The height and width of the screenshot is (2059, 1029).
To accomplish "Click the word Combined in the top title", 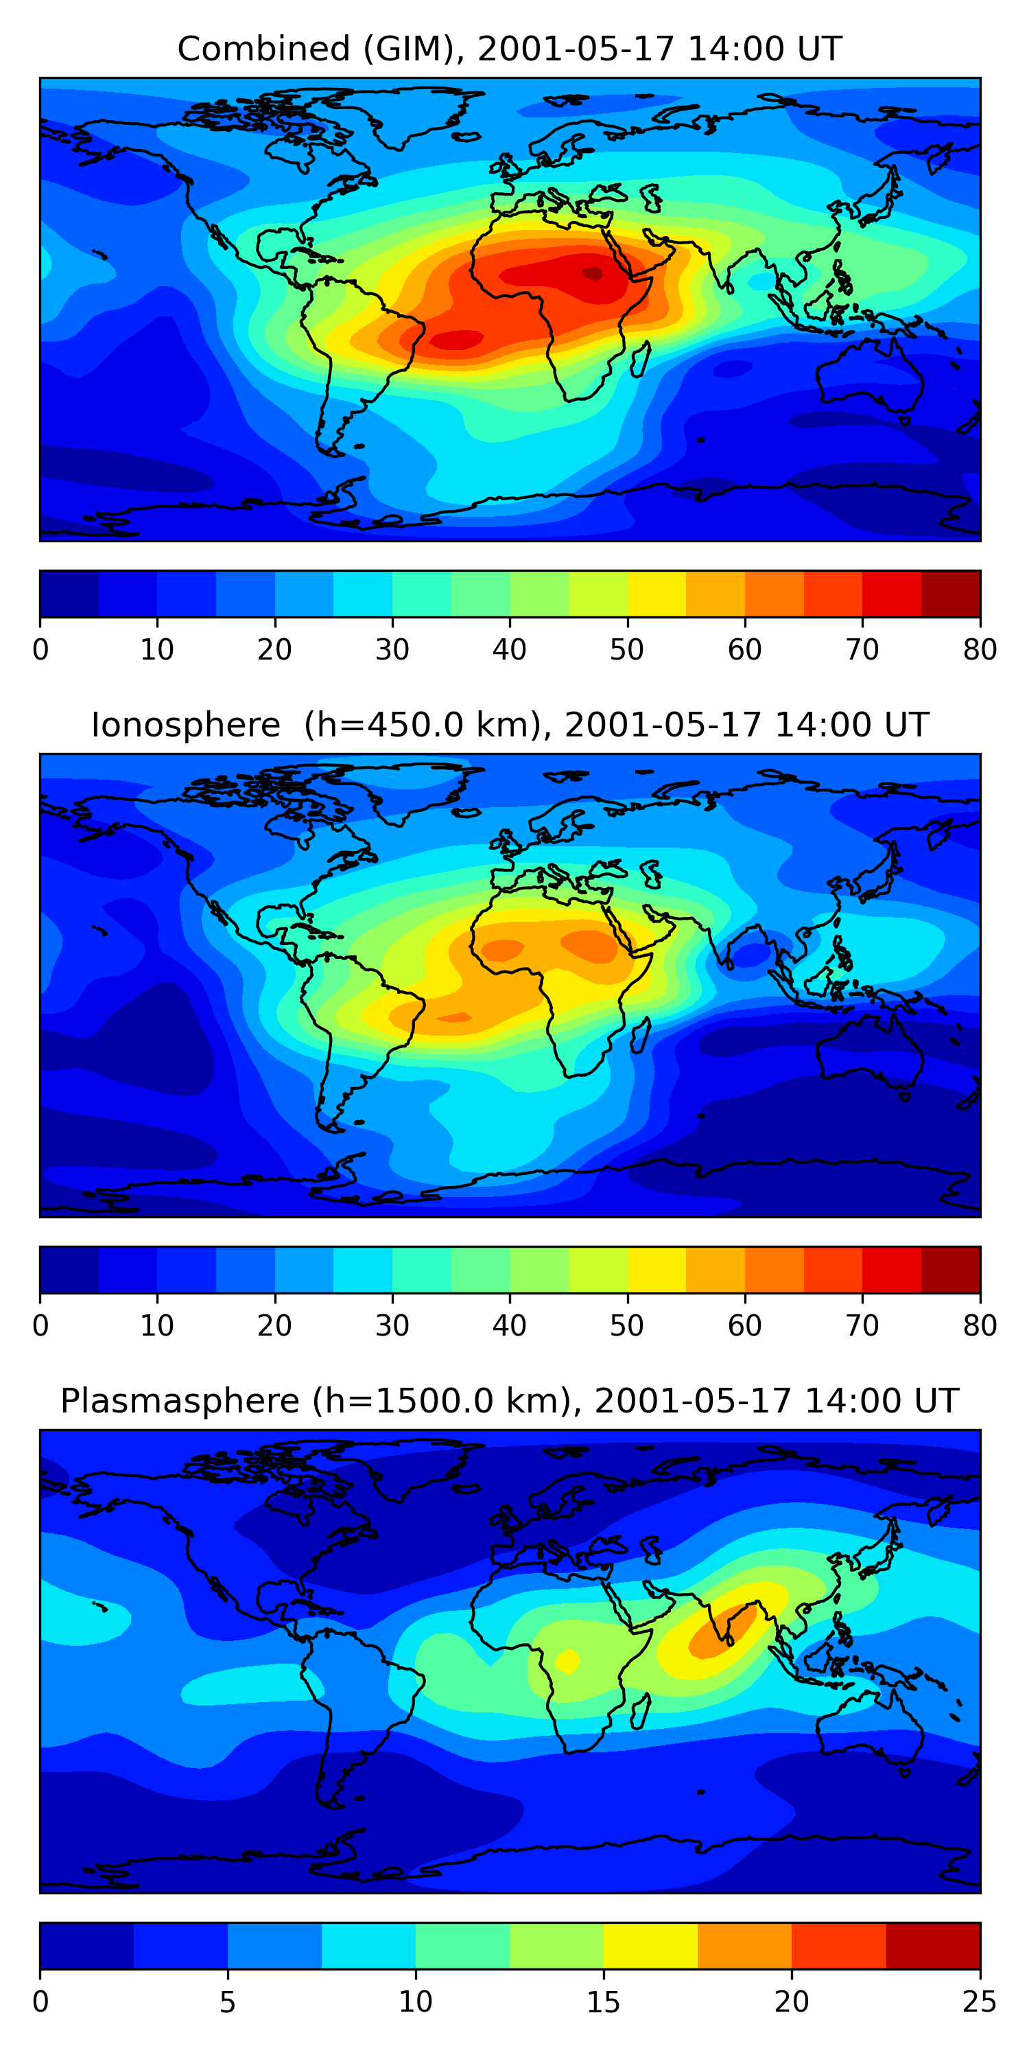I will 263,49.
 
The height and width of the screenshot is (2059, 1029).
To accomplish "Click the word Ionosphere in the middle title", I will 185,725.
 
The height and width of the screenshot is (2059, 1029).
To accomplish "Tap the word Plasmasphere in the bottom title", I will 179,1401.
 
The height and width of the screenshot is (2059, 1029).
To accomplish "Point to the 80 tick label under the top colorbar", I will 980,650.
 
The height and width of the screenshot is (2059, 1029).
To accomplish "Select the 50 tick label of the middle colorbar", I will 627,1325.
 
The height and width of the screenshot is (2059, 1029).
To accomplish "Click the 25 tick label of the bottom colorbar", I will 980,2001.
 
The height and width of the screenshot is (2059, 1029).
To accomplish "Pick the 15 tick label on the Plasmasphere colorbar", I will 603,2001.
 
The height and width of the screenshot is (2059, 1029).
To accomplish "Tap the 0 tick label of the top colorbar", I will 40,650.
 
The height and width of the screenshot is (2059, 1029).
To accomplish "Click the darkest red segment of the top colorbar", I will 951,594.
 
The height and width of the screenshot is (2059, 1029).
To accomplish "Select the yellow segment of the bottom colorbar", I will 650,1946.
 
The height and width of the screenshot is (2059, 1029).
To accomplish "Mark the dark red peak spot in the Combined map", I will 593,273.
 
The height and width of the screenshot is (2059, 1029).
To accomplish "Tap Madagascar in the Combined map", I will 640,360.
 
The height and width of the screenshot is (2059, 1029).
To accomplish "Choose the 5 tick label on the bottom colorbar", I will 228,2001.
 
